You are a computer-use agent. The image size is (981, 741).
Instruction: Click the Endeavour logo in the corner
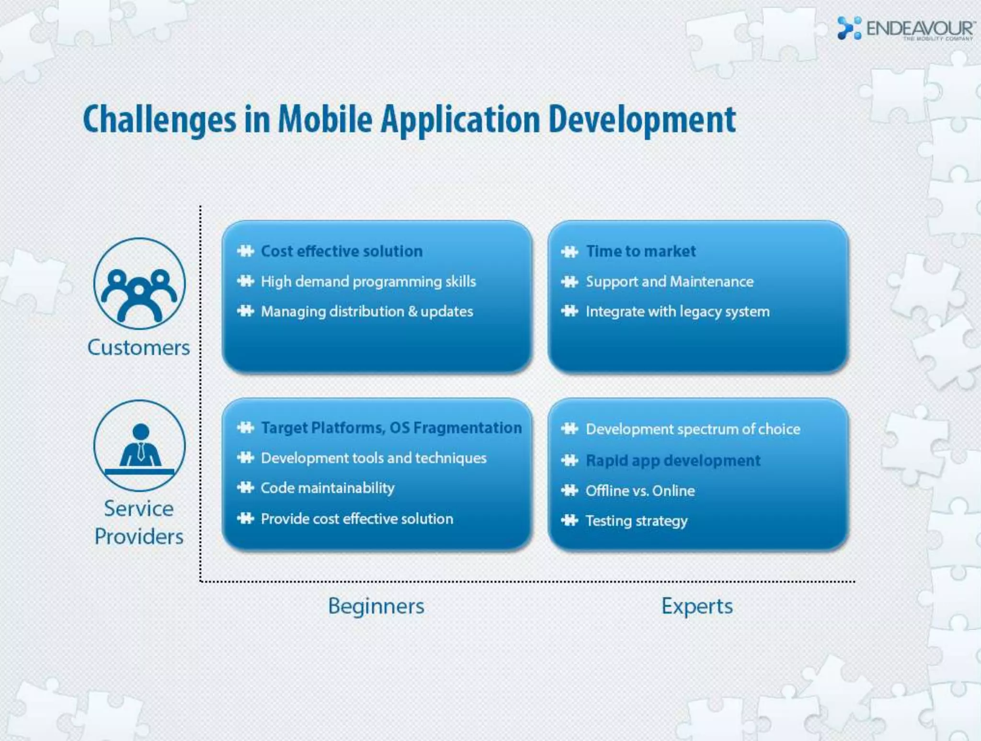(905, 29)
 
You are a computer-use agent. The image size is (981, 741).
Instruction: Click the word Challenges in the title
(160, 120)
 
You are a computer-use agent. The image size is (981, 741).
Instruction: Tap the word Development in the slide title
(642, 120)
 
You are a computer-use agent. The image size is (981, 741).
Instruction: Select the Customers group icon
(139, 284)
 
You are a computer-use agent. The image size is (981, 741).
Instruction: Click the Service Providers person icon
(139, 446)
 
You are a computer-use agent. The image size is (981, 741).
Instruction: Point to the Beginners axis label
(376, 606)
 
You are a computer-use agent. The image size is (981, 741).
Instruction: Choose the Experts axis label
(697, 606)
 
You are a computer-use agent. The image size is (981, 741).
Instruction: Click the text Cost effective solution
(342, 251)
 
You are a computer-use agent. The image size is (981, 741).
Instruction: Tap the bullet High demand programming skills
(368, 281)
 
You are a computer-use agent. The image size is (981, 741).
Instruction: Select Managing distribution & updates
(367, 312)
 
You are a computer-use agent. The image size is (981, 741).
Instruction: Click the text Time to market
(641, 251)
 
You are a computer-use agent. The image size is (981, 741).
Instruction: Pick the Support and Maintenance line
(670, 281)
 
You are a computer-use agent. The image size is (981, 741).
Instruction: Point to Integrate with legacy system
(678, 312)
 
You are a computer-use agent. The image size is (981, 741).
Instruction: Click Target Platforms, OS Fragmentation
(391, 428)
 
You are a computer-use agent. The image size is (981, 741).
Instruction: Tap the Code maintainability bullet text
(328, 488)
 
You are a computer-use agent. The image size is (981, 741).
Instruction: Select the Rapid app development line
(673, 461)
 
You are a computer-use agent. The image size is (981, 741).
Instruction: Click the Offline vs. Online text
(640, 491)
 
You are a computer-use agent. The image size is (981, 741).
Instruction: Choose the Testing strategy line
(637, 521)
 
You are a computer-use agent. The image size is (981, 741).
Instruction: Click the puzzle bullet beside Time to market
(570, 252)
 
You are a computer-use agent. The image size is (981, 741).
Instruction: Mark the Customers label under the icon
(139, 347)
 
